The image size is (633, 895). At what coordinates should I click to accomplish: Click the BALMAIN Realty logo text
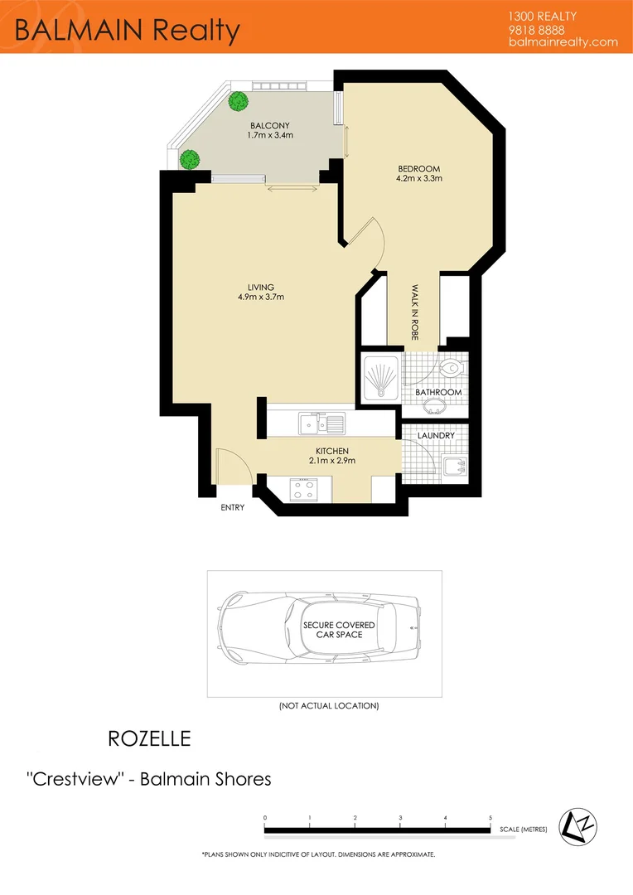pyautogui.click(x=128, y=30)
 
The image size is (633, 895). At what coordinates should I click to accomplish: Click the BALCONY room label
pyautogui.click(x=271, y=125)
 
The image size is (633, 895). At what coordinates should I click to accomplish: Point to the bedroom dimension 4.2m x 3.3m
pyautogui.click(x=419, y=178)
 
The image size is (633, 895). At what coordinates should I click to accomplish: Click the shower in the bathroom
pyautogui.click(x=380, y=380)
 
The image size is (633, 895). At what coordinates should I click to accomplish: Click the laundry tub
pyautogui.click(x=454, y=467)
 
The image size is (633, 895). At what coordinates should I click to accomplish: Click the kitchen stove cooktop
pyautogui.click(x=303, y=490)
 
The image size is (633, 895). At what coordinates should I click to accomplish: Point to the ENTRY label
pyautogui.click(x=233, y=507)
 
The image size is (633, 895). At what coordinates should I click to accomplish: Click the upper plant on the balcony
pyautogui.click(x=239, y=101)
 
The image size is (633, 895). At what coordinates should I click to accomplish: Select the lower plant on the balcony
pyautogui.click(x=190, y=157)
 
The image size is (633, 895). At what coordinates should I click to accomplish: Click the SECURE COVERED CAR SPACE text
pyautogui.click(x=339, y=629)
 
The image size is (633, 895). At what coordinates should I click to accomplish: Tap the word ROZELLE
pyautogui.click(x=149, y=738)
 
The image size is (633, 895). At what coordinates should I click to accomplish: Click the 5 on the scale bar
pyautogui.click(x=490, y=818)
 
